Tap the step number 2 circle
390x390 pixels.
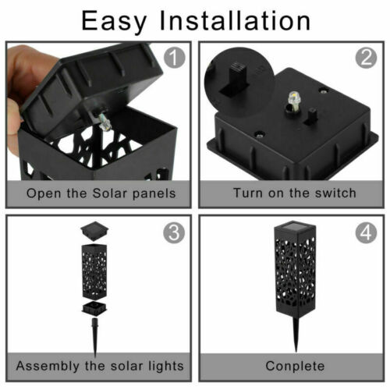[x=365, y=58]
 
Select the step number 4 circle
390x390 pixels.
[x=366, y=232]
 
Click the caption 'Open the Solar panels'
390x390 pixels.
[x=101, y=193]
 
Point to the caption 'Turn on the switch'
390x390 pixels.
[x=294, y=193]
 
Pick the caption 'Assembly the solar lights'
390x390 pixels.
[x=101, y=365]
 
